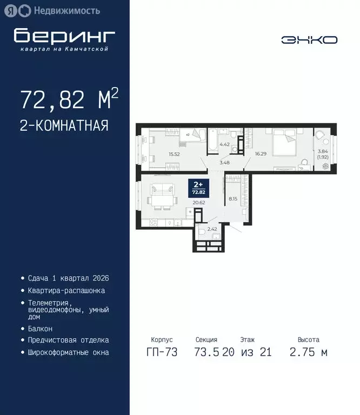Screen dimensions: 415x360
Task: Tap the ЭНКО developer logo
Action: point(309,39)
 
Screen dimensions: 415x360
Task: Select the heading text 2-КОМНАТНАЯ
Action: point(64,126)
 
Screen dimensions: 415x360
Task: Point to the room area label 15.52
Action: point(174,155)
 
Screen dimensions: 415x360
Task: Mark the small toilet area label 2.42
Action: point(213,229)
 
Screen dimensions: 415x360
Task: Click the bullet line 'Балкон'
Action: point(40,329)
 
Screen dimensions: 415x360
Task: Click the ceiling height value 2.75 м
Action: point(308,352)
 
